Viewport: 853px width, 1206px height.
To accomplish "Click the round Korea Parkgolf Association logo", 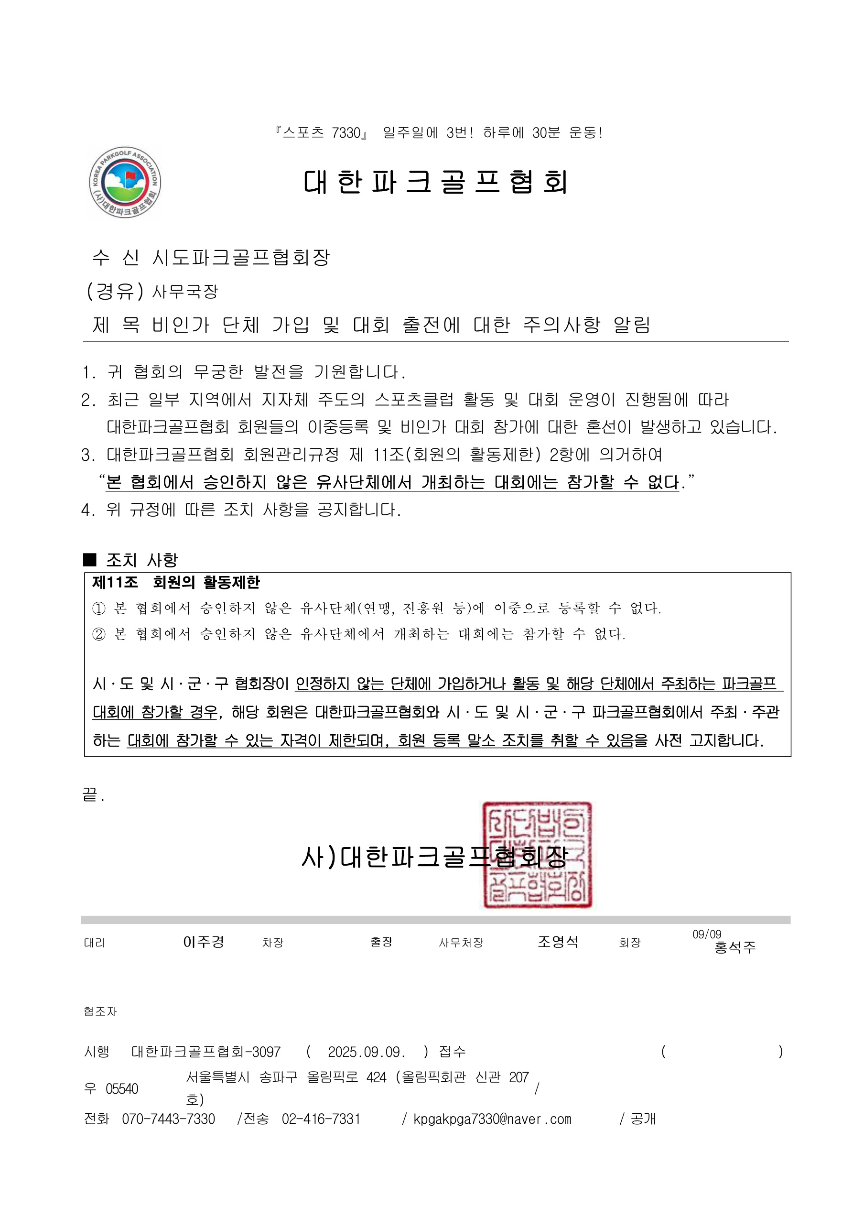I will pos(125,182).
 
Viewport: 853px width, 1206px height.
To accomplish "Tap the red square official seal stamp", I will pos(537,855).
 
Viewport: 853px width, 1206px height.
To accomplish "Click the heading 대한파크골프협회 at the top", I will pos(435,182).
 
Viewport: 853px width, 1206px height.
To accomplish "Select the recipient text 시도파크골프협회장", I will pos(240,257).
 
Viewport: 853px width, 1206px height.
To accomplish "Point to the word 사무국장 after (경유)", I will pos(185,292).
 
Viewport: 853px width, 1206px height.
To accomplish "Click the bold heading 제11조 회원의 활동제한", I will pos(176,583).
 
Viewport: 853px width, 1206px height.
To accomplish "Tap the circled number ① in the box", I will pos(99,608).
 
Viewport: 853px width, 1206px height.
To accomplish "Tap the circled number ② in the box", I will pos(99,634).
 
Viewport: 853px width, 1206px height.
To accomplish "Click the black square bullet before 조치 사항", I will pos(90,560).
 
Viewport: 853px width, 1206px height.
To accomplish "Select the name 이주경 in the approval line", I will pos(204,942).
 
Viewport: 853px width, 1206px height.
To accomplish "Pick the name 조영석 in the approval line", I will pos(558,941).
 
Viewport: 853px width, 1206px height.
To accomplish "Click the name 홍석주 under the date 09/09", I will pos(735,947).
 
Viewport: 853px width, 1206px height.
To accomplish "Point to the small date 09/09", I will pos(706,934).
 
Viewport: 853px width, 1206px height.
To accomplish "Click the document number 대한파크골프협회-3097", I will pos(206,1052).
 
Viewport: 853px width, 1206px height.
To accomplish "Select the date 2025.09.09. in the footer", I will pos(366,1052).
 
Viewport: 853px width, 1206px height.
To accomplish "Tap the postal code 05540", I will pos(122,1089).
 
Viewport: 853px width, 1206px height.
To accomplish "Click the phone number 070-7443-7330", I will pos(169,1119).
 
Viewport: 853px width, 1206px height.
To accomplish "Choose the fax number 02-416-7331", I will pos(321,1119).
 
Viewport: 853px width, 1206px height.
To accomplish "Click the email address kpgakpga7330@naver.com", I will pos(492,1119).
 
